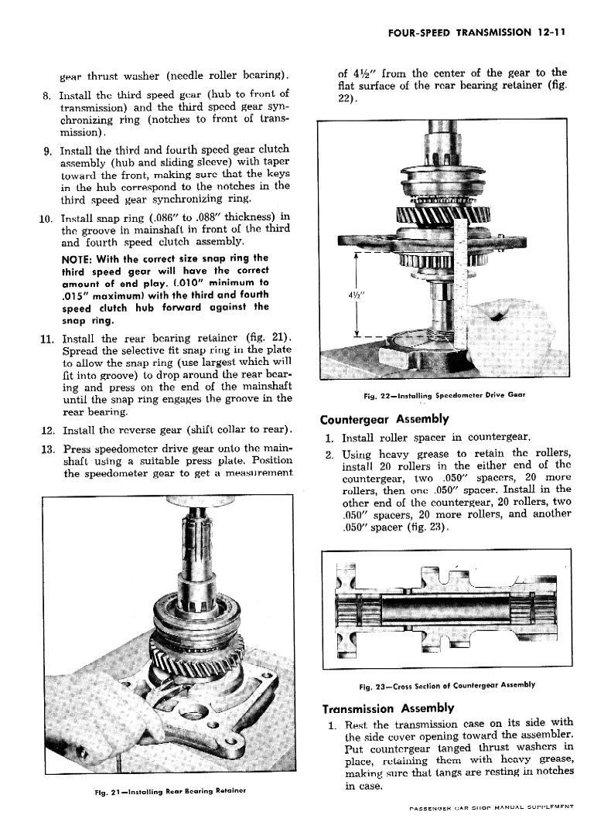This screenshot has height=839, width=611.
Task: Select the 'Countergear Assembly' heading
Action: (384, 419)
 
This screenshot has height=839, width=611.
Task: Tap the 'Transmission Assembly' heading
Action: (387, 708)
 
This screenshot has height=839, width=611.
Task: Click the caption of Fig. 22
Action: (444, 395)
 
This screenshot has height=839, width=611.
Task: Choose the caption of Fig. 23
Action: (447, 685)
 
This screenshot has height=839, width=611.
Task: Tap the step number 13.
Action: (45, 449)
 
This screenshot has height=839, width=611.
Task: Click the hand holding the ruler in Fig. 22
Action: (503, 309)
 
